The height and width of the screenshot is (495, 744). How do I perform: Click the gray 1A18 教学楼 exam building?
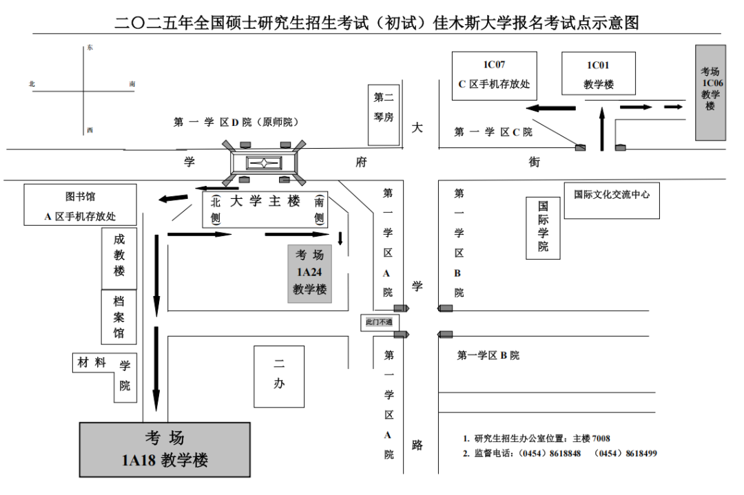point(165,450)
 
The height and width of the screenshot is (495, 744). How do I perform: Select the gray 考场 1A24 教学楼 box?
point(309,273)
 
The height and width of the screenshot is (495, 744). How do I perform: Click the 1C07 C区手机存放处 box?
point(494,75)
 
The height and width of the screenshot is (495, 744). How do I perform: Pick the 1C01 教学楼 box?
point(597,75)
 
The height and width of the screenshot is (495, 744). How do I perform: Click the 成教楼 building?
point(120,256)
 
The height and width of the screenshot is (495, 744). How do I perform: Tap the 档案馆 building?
point(119,317)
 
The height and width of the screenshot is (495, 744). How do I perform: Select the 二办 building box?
point(279,375)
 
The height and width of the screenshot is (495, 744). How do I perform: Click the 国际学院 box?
point(543,227)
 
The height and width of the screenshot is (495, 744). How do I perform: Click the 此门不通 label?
point(378,322)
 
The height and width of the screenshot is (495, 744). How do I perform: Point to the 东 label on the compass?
point(90,48)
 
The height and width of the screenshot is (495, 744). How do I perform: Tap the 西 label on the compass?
point(90,130)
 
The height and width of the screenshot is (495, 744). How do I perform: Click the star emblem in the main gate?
point(264,163)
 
